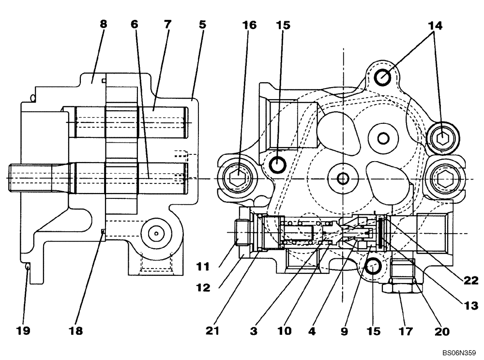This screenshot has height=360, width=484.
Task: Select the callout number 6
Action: [x=135, y=24]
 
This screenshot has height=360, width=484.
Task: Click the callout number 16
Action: [x=250, y=25]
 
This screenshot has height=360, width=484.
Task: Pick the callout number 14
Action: [x=435, y=25]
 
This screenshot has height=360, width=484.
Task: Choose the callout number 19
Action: [x=23, y=331]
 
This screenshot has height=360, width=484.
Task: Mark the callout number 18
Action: [x=76, y=331]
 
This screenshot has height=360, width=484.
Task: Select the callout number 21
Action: [x=212, y=331]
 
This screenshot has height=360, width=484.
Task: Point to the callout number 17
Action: [x=405, y=331]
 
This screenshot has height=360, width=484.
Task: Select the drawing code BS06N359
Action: [x=459, y=354]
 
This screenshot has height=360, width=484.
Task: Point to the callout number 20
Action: [x=442, y=331]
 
